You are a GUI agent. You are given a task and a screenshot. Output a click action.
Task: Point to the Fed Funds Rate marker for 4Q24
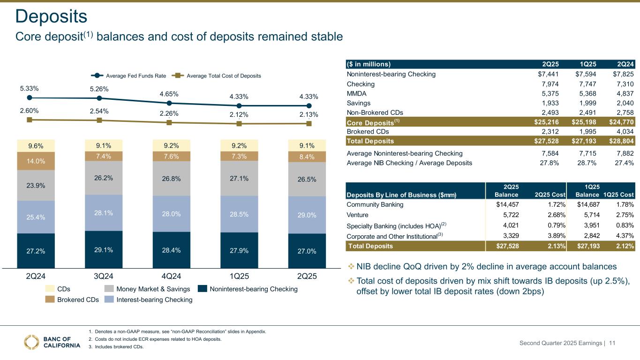(169, 103)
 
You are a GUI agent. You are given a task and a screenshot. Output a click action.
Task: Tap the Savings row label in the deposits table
(359, 103)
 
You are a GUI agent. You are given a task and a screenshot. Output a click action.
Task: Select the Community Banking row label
(375, 204)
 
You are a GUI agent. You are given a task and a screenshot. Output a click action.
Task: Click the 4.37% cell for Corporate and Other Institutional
(624, 235)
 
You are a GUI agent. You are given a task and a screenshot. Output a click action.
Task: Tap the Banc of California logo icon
(32, 342)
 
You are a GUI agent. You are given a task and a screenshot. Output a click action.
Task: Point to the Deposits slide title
(51, 17)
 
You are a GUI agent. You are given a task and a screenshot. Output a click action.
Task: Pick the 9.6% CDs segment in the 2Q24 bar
(36, 145)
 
